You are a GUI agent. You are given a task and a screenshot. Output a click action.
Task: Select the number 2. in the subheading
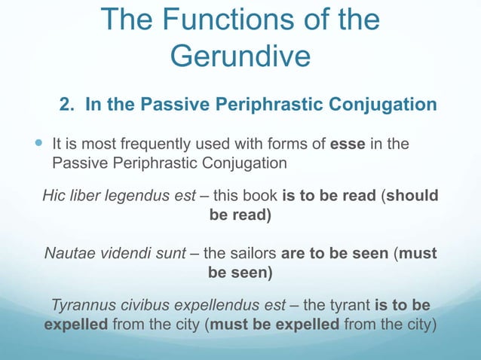click(68, 104)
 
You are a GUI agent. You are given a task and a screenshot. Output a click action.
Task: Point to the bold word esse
click(347, 143)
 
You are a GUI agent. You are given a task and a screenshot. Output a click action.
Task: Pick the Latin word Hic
click(54, 197)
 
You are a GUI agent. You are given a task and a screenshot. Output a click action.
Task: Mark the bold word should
click(413, 197)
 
